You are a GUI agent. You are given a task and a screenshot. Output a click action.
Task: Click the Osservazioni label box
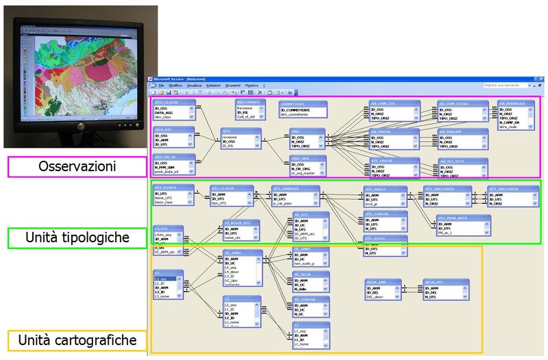76,166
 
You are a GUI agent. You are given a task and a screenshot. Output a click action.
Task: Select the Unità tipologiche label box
76,238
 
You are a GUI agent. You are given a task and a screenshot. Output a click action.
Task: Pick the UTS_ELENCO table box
171,196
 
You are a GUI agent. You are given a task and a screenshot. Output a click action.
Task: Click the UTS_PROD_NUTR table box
463,225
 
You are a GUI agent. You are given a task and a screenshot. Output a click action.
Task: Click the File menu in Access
161,85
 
